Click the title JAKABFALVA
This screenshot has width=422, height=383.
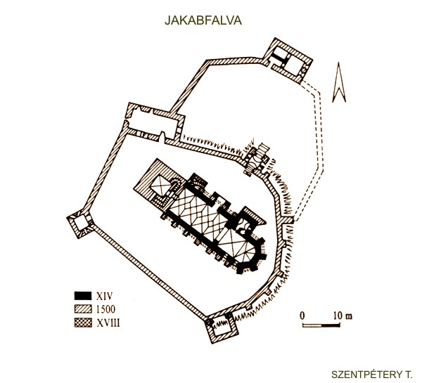(203, 20)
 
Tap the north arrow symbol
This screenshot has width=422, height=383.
(339, 82)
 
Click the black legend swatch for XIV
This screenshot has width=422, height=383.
(83, 296)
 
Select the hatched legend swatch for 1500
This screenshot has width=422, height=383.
(83, 309)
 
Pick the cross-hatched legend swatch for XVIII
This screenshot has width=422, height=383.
(83, 323)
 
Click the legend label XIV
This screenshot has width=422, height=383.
(104, 296)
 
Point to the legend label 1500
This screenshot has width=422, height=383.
(105, 309)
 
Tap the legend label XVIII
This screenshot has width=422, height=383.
(108, 323)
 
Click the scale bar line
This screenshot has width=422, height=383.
(321, 325)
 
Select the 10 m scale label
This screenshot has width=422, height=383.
(343, 316)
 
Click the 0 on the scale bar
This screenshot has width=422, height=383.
(302, 316)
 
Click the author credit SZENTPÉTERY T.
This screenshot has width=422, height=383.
(371, 375)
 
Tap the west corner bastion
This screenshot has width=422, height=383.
(80, 223)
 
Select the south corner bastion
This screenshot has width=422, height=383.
(222, 327)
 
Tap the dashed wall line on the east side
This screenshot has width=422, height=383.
(312, 150)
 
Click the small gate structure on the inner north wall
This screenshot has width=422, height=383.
(256, 159)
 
